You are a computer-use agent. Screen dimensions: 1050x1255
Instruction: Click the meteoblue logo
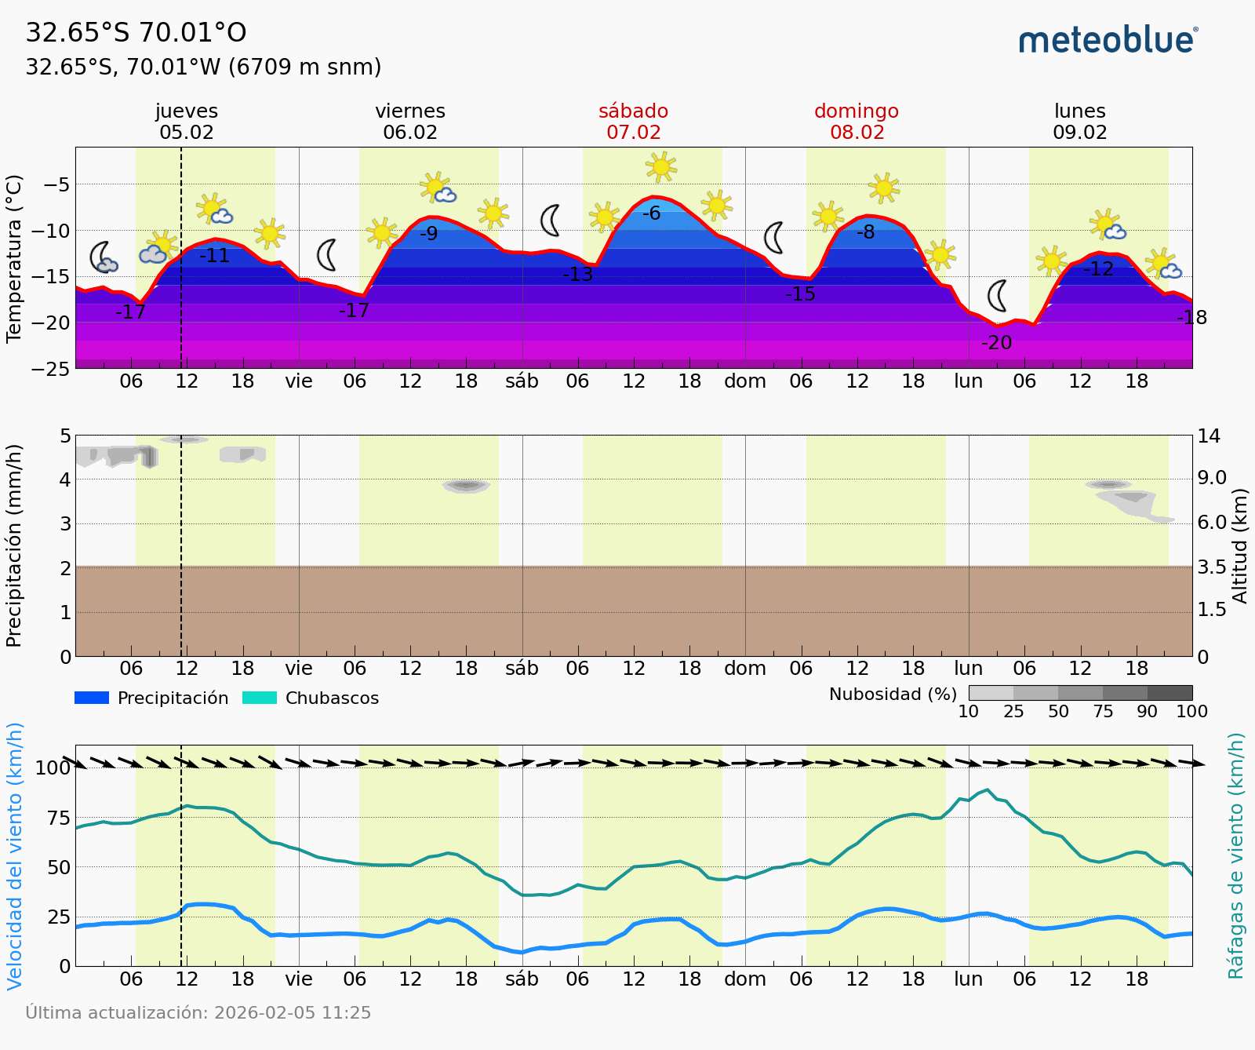[x=1108, y=40]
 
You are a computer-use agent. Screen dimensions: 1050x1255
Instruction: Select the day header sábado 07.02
[x=633, y=122]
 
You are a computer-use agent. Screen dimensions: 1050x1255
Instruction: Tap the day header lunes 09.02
[x=1079, y=122]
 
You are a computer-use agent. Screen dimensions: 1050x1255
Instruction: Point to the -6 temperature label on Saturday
[x=652, y=213]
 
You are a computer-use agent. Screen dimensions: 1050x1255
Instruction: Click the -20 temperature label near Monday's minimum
[x=996, y=343]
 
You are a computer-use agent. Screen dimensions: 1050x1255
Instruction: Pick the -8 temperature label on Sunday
[x=865, y=232]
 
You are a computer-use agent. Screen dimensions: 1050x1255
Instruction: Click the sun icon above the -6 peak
[x=661, y=166]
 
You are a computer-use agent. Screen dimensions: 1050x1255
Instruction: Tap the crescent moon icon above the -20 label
[x=997, y=296]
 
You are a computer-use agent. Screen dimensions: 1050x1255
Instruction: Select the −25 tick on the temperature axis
[x=52, y=368]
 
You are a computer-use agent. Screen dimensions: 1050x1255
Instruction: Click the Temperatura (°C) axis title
[x=14, y=259]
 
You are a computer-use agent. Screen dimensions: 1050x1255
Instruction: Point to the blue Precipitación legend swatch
[x=92, y=698]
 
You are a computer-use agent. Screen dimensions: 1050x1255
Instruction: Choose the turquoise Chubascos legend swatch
[x=260, y=698]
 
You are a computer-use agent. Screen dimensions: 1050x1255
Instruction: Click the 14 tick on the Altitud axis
[x=1209, y=436]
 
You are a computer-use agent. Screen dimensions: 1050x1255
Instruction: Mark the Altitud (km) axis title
[x=1239, y=545]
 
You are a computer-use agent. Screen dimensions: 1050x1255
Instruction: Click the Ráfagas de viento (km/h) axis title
[x=1236, y=855]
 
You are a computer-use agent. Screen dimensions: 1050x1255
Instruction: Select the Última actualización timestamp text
[x=198, y=1013]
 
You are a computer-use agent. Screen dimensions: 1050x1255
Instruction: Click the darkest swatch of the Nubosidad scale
[x=1170, y=692]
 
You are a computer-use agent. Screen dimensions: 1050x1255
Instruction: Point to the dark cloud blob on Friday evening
[x=466, y=486]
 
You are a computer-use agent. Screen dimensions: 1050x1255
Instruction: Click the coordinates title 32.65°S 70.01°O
[x=136, y=33]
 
